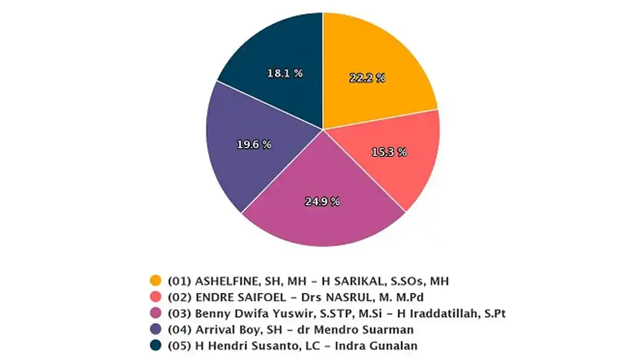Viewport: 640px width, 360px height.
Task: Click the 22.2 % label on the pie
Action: (x=367, y=78)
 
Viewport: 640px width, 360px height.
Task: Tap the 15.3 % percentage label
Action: (x=389, y=152)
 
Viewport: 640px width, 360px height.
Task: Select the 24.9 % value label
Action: (x=322, y=202)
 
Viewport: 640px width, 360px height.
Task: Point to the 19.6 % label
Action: (x=253, y=145)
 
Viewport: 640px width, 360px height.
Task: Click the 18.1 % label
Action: (x=285, y=73)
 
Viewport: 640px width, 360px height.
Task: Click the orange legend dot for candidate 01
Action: (x=155, y=281)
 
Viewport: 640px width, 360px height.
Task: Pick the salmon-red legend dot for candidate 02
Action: (x=155, y=297)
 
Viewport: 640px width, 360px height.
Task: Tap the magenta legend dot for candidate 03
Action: (x=155, y=313)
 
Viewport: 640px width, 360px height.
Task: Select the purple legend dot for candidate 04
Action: (x=155, y=329)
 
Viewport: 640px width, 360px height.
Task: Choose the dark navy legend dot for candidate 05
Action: (x=155, y=346)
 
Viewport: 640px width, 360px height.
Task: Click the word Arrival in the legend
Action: (x=214, y=329)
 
